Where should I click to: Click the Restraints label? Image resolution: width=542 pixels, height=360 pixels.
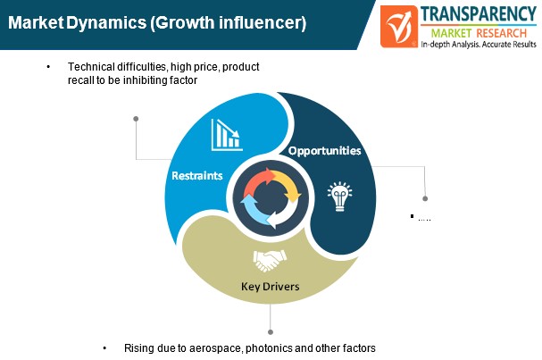pyautogui.click(x=197, y=176)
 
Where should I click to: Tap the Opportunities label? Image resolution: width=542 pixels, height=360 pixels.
pyautogui.click(x=325, y=151)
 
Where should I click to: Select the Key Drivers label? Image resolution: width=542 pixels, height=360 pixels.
pyautogui.click(x=271, y=287)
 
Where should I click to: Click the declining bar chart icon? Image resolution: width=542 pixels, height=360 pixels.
pyautogui.click(x=227, y=135)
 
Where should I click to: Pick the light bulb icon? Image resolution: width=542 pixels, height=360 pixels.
pyautogui.click(x=340, y=197)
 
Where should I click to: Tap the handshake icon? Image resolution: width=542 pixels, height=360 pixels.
pyautogui.click(x=270, y=261)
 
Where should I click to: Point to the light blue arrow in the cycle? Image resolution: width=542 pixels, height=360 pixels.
pyautogui.click(x=253, y=210)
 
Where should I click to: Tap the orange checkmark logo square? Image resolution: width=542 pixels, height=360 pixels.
pyautogui.click(x=399, y=26)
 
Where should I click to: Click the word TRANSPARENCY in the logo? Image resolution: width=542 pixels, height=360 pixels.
pyautogui.click(x=479, y=14)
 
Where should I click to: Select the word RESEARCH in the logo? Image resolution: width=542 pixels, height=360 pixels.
pyautogui.click(x=501, y=33)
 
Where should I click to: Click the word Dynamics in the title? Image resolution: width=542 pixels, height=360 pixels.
pyautogui.click(x=106, y=23)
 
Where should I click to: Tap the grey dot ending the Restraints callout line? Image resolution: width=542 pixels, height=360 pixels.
pyautogui.click(x=136, y=119)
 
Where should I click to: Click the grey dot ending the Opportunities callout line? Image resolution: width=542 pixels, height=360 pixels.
pyautogui.click(x=425, y=198)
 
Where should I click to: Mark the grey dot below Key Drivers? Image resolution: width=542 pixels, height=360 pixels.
pyautogui.click(x=271, y=332)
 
